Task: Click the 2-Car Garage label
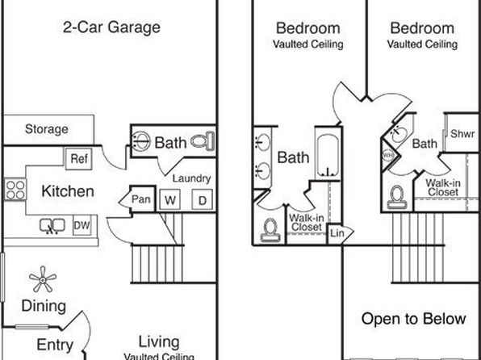coord(111,27)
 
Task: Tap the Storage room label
coord(47,129)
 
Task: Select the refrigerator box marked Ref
coord(79,158)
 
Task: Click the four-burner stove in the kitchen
coord(15,190)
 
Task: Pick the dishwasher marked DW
coord(82,225)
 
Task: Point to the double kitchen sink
coord(52,226)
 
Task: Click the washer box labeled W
coord(170,200)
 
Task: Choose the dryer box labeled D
coord(202,200)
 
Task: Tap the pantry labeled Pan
coord(140,199)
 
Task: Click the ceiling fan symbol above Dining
coord(43,279)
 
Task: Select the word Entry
coord(55,345)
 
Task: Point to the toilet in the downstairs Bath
coord(203,141)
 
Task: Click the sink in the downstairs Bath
coord(141,141)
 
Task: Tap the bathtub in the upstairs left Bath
coord(328,157)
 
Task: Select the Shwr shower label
coord(462,134)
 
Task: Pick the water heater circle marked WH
coord(388,155)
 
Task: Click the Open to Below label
coord(413,319)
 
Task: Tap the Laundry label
coord(191,178)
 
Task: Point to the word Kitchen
coord(68,191)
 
